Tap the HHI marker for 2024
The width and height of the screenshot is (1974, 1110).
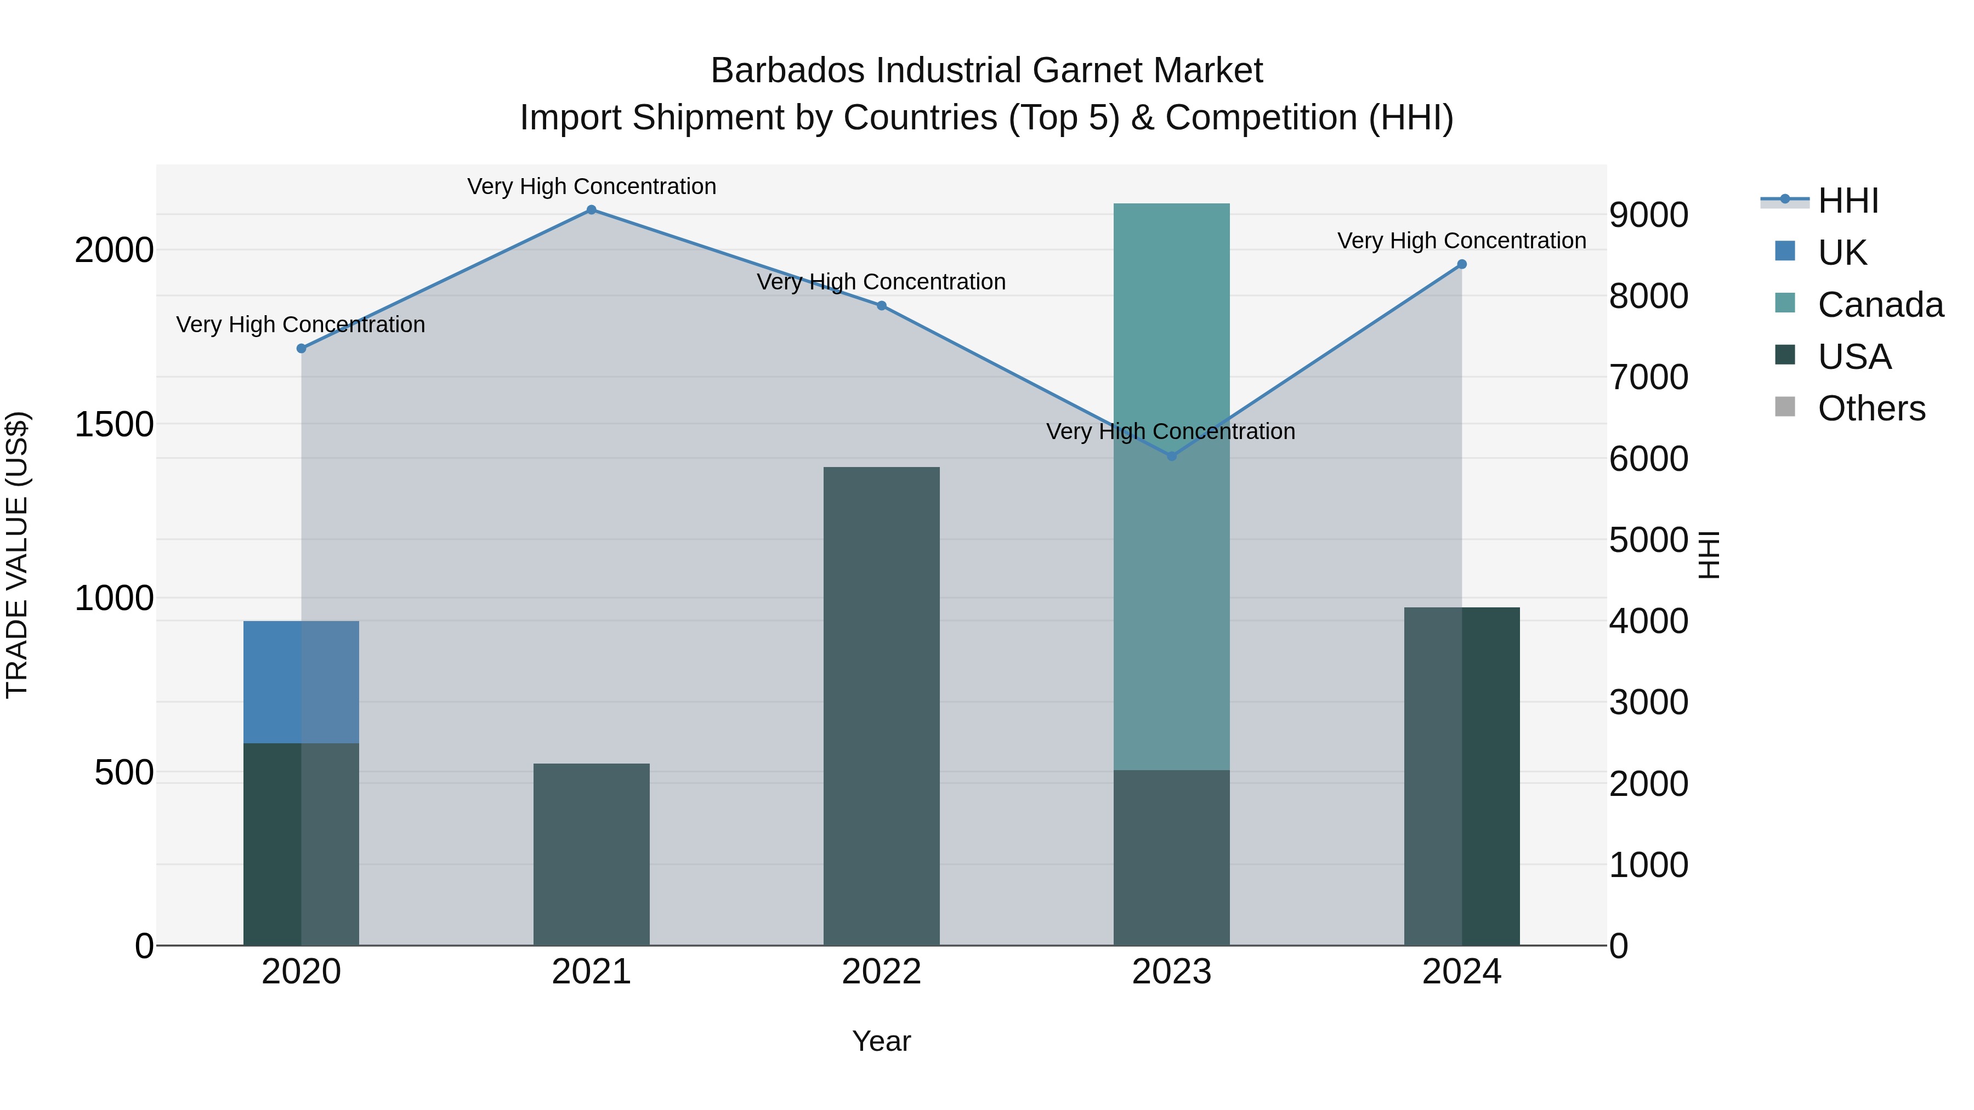pos(1461,264)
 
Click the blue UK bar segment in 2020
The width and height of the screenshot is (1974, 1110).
pos(301,682)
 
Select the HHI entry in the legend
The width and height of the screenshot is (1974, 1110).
pos(1847,201)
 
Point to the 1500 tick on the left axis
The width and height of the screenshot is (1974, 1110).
pos(114,424)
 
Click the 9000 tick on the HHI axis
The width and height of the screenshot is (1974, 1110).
pos(1648,215)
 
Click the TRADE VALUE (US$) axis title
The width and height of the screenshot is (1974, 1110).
pos(17,555)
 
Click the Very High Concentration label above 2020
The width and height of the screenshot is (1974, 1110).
pos(300,325)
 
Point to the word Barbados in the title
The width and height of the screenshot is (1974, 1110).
pos(789,71)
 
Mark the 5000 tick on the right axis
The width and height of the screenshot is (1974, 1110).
pos(1648,540)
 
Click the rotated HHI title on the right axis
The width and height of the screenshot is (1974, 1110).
pos(1709,555)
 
